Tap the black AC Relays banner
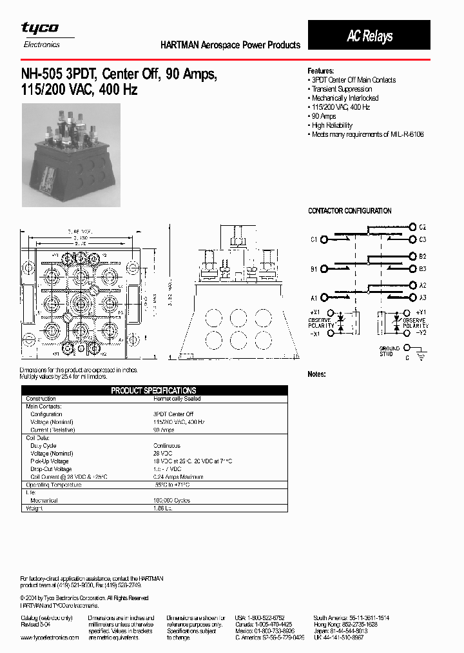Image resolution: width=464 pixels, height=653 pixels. coord(369,35)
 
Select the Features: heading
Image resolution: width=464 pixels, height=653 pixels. coord(321,71)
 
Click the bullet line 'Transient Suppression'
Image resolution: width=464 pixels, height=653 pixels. coord(342,89)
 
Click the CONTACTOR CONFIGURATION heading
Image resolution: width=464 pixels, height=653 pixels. coord(349,211)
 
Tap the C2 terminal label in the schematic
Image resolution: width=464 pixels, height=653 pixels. coord(422,228)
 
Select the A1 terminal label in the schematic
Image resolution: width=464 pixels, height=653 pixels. coord(314,298)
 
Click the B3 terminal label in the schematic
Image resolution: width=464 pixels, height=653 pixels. coord(422,268)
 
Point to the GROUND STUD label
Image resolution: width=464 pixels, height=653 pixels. coord(389,351)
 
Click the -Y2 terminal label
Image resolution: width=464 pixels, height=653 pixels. coord(420,333)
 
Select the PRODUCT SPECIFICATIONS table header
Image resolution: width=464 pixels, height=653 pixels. coord(153,390)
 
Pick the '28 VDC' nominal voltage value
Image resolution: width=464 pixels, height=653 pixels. coord(162,454)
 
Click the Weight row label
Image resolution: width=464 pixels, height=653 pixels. coord(34,508)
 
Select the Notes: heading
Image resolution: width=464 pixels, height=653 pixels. coord(316,374)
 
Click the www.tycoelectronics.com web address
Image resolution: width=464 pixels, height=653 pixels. coord(50,637)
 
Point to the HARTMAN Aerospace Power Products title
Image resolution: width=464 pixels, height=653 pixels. coord(230,45)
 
